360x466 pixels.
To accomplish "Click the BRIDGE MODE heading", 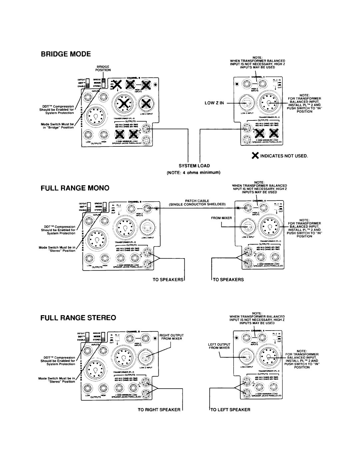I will click(67, 54).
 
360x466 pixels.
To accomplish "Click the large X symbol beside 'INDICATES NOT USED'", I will click(255, 156).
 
